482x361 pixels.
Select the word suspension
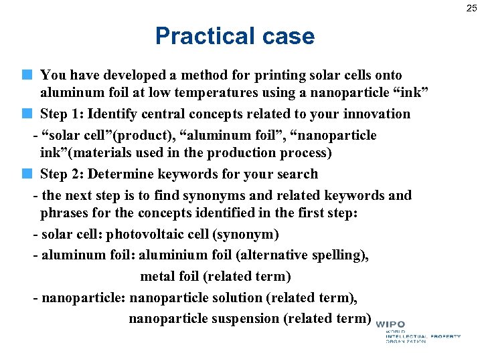tap(246, 318)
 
